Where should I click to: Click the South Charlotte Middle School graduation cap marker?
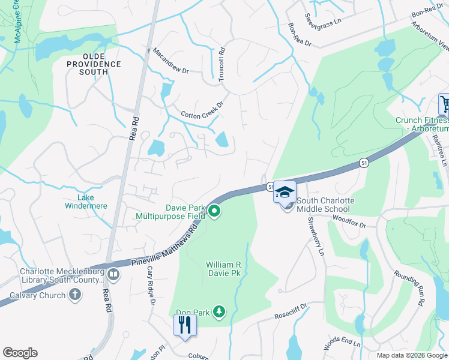pos(285,192)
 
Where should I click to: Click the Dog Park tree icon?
pos(220,311)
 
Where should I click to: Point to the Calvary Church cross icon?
pos(74,295)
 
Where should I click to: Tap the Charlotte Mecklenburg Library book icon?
pos(113,275)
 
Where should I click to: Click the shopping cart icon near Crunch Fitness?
pos(445,104)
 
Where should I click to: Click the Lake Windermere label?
pos(84,202)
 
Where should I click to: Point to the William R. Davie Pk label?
pos(232,268)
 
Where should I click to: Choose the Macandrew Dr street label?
pos(171,62)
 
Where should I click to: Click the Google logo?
pos(20,353)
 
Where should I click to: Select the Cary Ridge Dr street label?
pos(151,286)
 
